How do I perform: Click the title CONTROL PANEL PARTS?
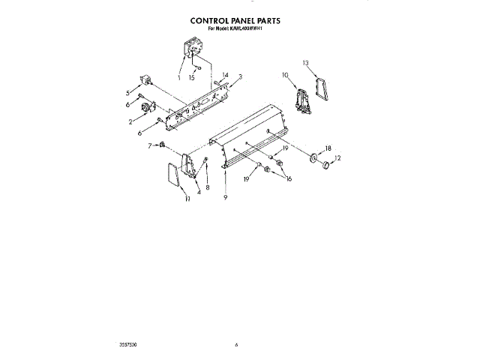coord(240,22)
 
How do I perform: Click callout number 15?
coord(193,77)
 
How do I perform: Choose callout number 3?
coord(240,76)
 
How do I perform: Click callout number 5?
coord(128,94)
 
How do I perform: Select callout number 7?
coord(149,145)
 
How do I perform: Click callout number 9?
coord(224,197)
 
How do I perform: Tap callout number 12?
coord(337,158)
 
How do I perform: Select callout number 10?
coord(285,75)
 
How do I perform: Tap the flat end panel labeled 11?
coord(171,178)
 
